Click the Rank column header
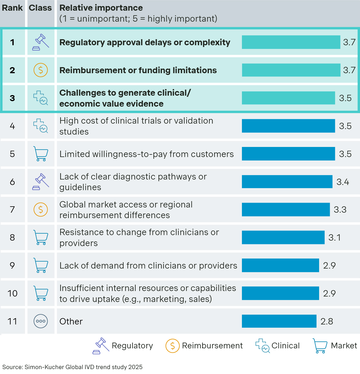[12, 8]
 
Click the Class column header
[40, 8]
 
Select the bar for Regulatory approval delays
[291, 42]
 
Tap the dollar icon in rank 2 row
[41, 70]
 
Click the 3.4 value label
[343, 182]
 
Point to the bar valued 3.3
[286, 209]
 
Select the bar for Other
[279, 321]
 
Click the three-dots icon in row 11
[41, 321]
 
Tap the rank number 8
[12, 237]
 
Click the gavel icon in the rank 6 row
[41, 182]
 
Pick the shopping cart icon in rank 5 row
[41, 154]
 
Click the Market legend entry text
[344, 345]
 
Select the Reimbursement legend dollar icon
[173, 346]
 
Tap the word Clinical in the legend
[285, 345]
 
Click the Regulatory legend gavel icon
[101, 346]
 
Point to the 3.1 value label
[335, 237]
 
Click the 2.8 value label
[327, 321]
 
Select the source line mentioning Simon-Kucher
[72, 367]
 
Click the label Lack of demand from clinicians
[148, 265]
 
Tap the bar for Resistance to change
[283, 237]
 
